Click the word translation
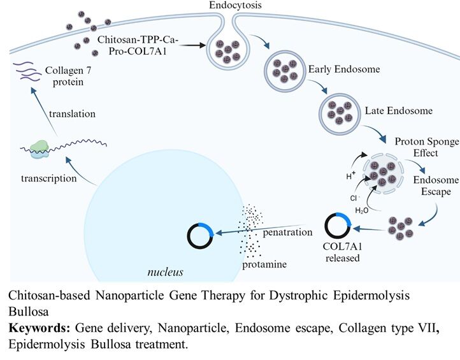click(x=73, y=114)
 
